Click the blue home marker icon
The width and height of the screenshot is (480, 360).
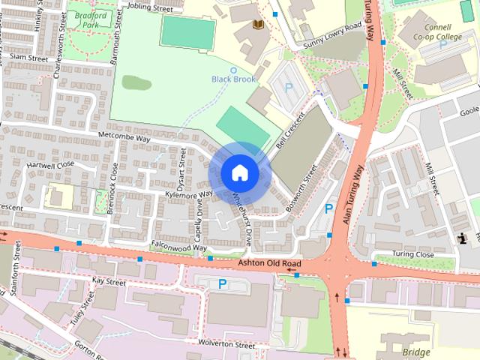tap(239, 173)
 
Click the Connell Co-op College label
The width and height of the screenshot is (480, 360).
tap(454, 32)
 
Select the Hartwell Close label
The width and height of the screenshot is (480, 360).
tap(51, 163)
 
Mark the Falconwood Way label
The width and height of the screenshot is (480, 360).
tap(178, 246)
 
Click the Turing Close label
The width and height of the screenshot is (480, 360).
tap(414, 254)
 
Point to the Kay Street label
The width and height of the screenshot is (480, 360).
tap(109, 281)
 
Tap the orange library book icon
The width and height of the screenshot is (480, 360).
tap(259, 25)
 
